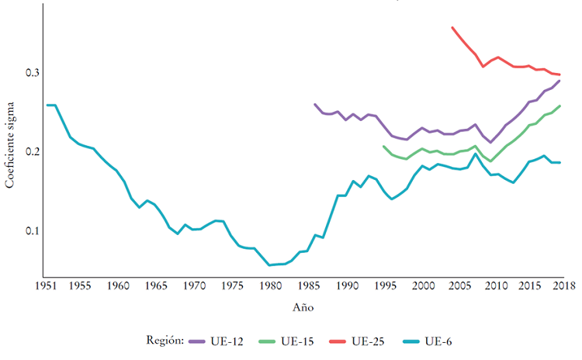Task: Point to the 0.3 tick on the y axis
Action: pos(30,73)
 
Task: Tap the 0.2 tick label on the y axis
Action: pos(30,151)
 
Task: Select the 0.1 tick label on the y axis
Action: pos(30,230)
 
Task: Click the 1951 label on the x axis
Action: pos(47,286)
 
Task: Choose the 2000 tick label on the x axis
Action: pos(423,286)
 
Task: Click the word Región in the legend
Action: pos(164,341)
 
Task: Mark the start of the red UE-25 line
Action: pos(452,28)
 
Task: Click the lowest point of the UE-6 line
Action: pos(269,265)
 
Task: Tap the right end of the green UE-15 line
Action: pos(559,106)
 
